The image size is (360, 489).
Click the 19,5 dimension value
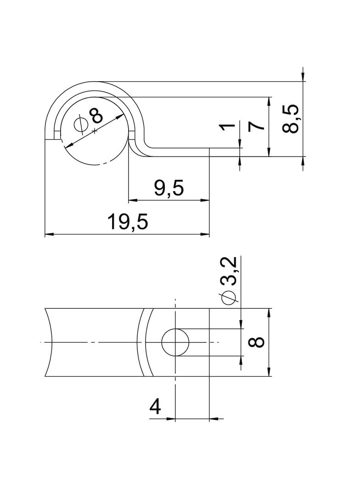pos(127,222)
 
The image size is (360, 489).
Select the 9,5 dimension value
pos(169,188)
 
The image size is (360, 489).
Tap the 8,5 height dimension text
pos(291,119)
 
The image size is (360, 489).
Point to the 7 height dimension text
pos(257,125)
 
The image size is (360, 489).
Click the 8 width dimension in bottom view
pos(257,342)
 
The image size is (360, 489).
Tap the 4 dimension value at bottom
pos(156,406)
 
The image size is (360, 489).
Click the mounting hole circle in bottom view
pos(175,342)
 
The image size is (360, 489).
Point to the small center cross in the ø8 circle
pos(95,131)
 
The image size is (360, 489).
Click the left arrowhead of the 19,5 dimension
pos(48,234)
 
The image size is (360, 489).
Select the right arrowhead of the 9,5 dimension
pos(206,200)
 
